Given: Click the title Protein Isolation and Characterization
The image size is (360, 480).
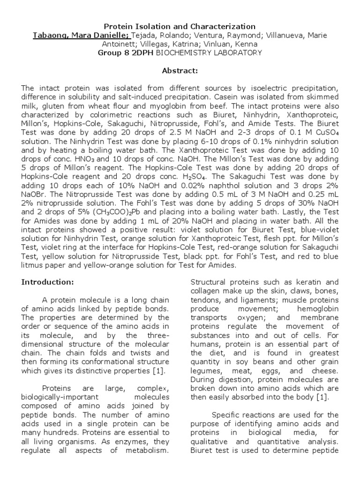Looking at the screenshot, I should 180,27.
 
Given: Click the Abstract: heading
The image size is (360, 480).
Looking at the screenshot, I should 180,71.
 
